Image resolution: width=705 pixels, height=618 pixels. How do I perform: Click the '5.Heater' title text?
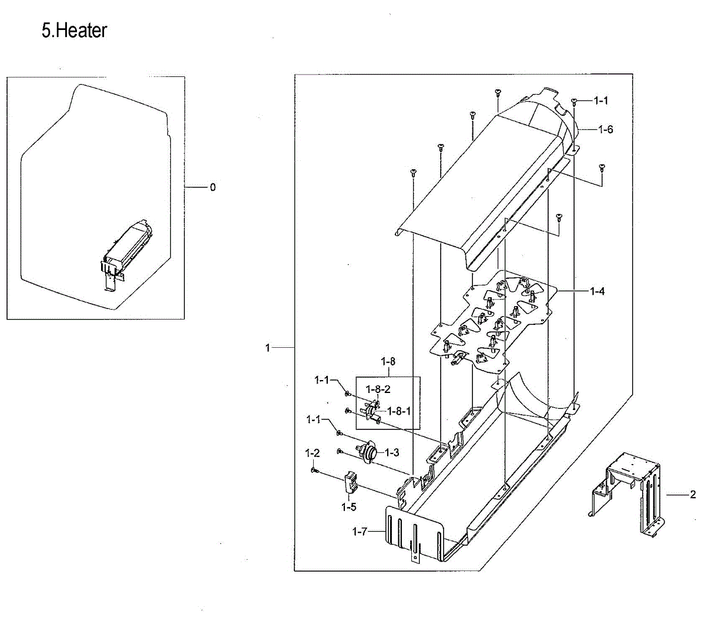coord(74,31)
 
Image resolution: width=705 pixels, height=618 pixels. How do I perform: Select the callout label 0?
coord(213,187)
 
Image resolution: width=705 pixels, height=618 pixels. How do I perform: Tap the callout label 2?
coord(693,495)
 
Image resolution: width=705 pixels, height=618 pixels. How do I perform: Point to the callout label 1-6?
coord(606,129)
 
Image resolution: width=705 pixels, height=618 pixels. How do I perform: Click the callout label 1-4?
coord(597,291)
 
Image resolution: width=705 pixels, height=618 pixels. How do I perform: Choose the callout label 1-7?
coord(360,532)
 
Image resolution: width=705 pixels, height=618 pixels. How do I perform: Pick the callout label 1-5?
coord(349,507)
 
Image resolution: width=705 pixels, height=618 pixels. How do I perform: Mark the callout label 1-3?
coord(392,452)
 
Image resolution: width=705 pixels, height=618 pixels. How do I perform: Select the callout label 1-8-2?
coord(378,389)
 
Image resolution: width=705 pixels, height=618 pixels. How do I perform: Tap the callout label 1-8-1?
coord(399,411)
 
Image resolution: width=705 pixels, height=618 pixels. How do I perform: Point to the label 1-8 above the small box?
coord(388,362)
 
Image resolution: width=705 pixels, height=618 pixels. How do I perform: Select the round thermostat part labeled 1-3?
coord(369,453)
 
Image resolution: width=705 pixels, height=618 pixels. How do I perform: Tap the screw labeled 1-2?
coord(315,471)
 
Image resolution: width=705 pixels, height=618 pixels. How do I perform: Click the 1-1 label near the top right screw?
coord(601,101)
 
